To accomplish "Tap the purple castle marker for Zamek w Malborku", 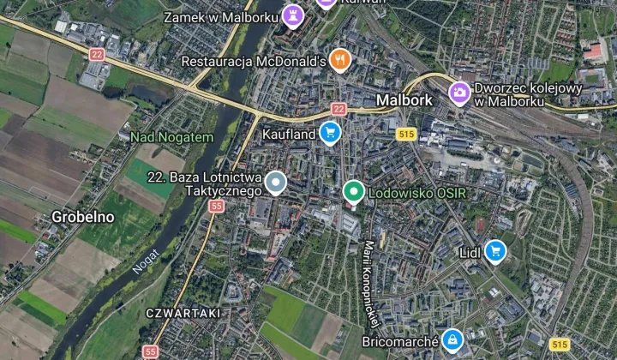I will (x=294, y=15).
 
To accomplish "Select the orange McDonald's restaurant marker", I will (x=341, y=59).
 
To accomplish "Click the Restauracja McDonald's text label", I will (x=255, y=61).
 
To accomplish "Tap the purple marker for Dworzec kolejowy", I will (x=460, y=91).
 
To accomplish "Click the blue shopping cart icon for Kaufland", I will (x=330, y=132).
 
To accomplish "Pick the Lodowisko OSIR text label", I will (x=416, y=193).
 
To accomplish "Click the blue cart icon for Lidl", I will (x=494, y=250).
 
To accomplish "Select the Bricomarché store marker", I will (x=452, y=339).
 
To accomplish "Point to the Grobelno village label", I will (x=83, y=217).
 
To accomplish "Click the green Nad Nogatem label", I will (x=171, y=137).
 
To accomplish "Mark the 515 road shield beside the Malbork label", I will (x=406, y=133).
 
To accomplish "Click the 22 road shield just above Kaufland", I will (x=338, y=109).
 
